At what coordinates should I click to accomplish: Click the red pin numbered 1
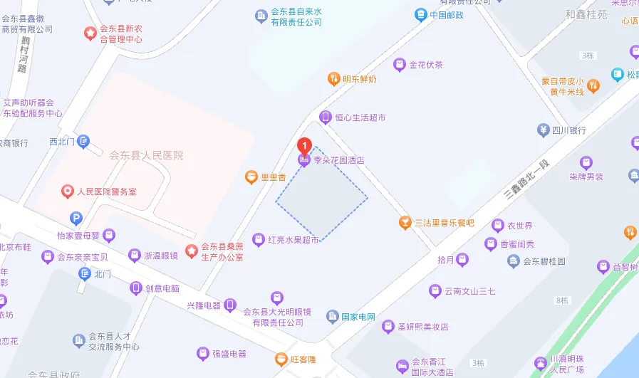305,146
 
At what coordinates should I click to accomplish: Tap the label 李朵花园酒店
339,161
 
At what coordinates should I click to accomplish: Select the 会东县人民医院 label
146,155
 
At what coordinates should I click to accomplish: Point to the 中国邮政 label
447,15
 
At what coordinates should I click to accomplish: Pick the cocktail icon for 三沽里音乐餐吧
405,223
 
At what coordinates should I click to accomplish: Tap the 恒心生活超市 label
361,117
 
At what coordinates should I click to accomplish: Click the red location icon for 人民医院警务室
68,191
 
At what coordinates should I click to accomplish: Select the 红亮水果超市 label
293,240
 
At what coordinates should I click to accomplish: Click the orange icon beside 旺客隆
283,359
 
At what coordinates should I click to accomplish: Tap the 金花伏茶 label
426,65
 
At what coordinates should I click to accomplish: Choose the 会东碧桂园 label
545,261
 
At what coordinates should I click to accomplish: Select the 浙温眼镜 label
160,255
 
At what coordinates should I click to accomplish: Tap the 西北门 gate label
62,142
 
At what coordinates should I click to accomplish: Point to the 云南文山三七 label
469,290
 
